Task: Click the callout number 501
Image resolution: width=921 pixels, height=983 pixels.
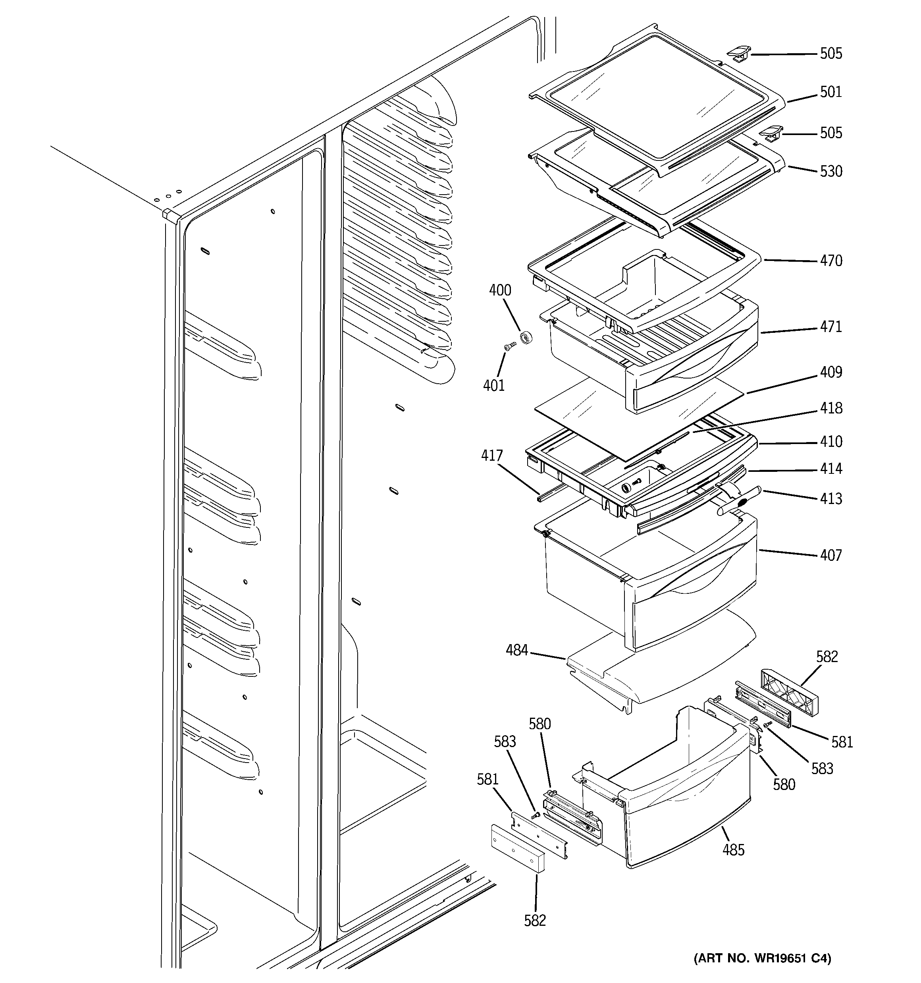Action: [x=830, y=92]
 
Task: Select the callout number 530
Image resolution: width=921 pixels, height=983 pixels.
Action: [x=830, y=172]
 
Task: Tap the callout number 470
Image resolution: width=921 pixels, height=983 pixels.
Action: [x=830, y=261]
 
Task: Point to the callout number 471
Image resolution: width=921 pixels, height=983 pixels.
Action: [x=830, y=327]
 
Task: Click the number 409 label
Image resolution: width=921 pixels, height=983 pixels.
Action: [x=830, y=372]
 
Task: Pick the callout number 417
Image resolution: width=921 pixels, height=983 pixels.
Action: [x=492, y=456]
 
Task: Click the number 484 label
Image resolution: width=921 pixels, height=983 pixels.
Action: [x=516, y=650]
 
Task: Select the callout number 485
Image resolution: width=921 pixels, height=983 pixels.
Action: [x=733, y=850]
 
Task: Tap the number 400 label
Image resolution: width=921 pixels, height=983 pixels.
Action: [x=500, y=290]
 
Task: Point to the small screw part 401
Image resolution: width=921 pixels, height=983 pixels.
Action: [x=509, y=347]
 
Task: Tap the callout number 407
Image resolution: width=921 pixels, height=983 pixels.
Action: [x=830, y=555]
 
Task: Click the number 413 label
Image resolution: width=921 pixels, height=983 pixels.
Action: [x=830, y=498]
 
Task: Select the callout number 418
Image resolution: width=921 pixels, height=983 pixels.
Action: [x=830, y=408]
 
